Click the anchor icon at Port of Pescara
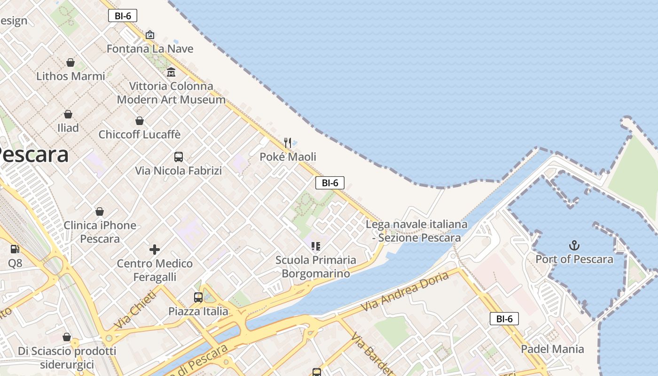(x=574, y=245)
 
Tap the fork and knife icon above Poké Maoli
(x=288, y=142)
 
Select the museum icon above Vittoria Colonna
(x=171, y=72)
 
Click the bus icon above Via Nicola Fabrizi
(x=179, y=157)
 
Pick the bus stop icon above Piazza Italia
(x=198, y=297)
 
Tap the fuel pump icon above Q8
(x=15, y=249)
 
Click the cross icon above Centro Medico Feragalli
(x=155, y=250)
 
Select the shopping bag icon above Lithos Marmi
(x=70, y=63)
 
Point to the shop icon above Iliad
(x=68, y=114)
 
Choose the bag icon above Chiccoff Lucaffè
(x=140, y=121)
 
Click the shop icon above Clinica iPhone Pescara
(x=100, y=211)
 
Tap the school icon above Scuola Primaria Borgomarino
(x=316, y=246)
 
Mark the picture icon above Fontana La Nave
(x=150, y=35)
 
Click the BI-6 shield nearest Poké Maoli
(x=330, y=183)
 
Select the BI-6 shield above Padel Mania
(x=504, y=319)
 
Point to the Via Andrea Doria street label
(x=405, y=291)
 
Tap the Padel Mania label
(x=552, y=349)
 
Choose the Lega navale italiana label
(x=416, y=225)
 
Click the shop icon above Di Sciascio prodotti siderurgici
(x=67, y=337)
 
